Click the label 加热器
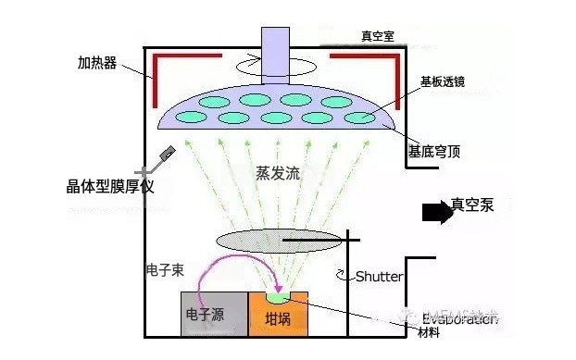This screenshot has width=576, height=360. pos(97,66)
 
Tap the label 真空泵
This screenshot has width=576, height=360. pos(472,205)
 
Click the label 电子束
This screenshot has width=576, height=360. pos(165,271)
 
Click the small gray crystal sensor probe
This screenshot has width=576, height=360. pos(168,156)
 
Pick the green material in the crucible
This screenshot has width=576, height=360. pos(279,297)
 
